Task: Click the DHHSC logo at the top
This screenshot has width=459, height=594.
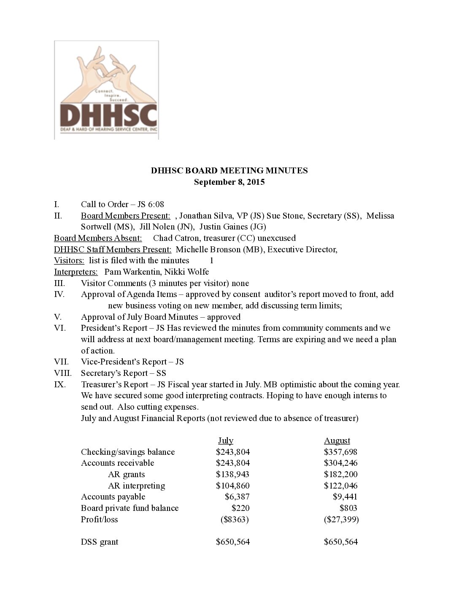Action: pos(106,90)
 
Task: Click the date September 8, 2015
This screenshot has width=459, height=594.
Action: pos(229,182)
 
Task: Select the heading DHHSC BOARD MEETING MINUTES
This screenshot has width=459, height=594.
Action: pos(229,170)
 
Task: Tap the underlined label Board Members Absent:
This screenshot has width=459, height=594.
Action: pos(98,238)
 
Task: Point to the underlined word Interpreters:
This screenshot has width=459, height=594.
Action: pos(76,272)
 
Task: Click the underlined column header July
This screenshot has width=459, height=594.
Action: pos(226,441)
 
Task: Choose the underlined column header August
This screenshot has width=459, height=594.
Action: pos(337,441)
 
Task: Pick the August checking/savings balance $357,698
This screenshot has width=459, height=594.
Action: pos(340,452)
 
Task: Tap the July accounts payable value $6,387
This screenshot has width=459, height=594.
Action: pos(237,497)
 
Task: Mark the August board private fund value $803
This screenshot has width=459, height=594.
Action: pos(348,508)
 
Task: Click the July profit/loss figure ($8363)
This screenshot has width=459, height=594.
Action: pos(235,519)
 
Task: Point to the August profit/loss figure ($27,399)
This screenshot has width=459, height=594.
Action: pos(341,519)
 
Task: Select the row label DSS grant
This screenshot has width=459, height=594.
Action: pos(100,542)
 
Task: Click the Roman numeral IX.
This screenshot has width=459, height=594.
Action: pos(59,384)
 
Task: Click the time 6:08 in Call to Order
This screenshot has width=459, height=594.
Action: pos(156,204)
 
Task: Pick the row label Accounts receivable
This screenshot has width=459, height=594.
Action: pos(117,463)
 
